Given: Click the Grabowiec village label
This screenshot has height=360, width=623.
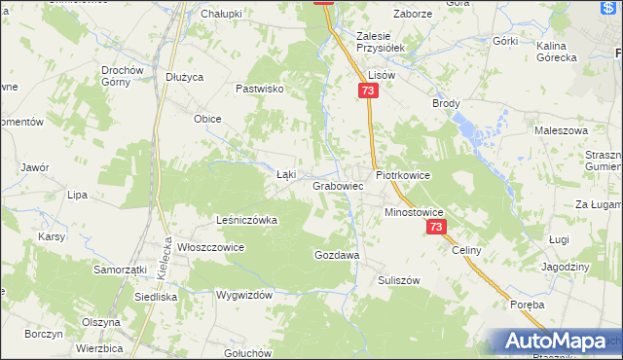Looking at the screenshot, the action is click(x=338, y=185).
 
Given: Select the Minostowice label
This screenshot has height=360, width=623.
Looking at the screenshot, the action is click(x=414, y=211).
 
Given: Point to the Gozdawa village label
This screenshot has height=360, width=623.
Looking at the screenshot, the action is click(x=337, y=255).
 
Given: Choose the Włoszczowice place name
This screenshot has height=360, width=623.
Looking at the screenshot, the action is click(x=209, y=247).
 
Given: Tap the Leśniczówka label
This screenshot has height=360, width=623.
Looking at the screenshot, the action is click(x=246, y=220).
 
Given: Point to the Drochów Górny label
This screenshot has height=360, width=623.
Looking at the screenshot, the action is click(x=123, y=76).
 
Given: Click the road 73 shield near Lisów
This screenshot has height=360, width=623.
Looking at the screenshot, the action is click(x=366, y=90).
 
